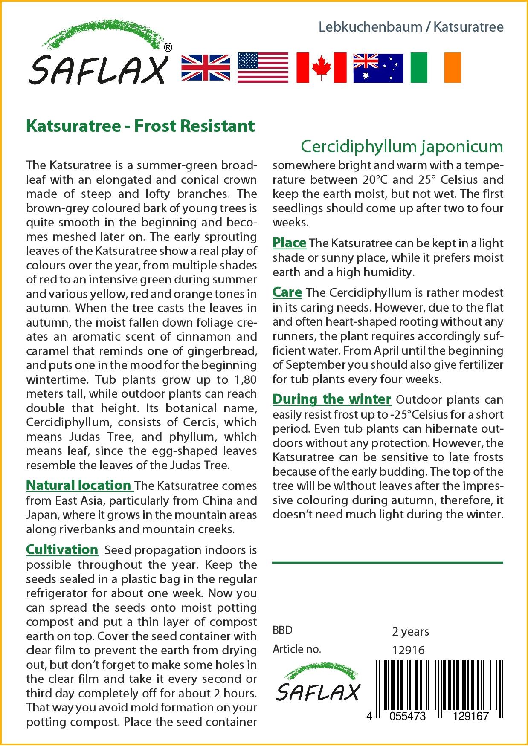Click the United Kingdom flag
coord(206,68)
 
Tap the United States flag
coord(263,68)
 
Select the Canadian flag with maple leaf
coord(321,68)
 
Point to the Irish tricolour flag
coord(435,68)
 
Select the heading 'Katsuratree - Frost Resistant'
coord(140,126)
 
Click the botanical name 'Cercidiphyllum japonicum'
coord(402,146)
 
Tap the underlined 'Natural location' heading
coord(79,485)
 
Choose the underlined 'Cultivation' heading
coord(62,549)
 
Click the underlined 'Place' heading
coord(289,243)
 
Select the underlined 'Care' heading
coord(287,292)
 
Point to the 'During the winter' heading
coord(331,399)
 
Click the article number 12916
coord(408,650)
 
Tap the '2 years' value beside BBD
coord(410,631)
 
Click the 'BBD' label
coord(282,630)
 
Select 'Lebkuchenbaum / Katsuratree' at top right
coord(411,27)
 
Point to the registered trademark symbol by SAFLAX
coord(168,48)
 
